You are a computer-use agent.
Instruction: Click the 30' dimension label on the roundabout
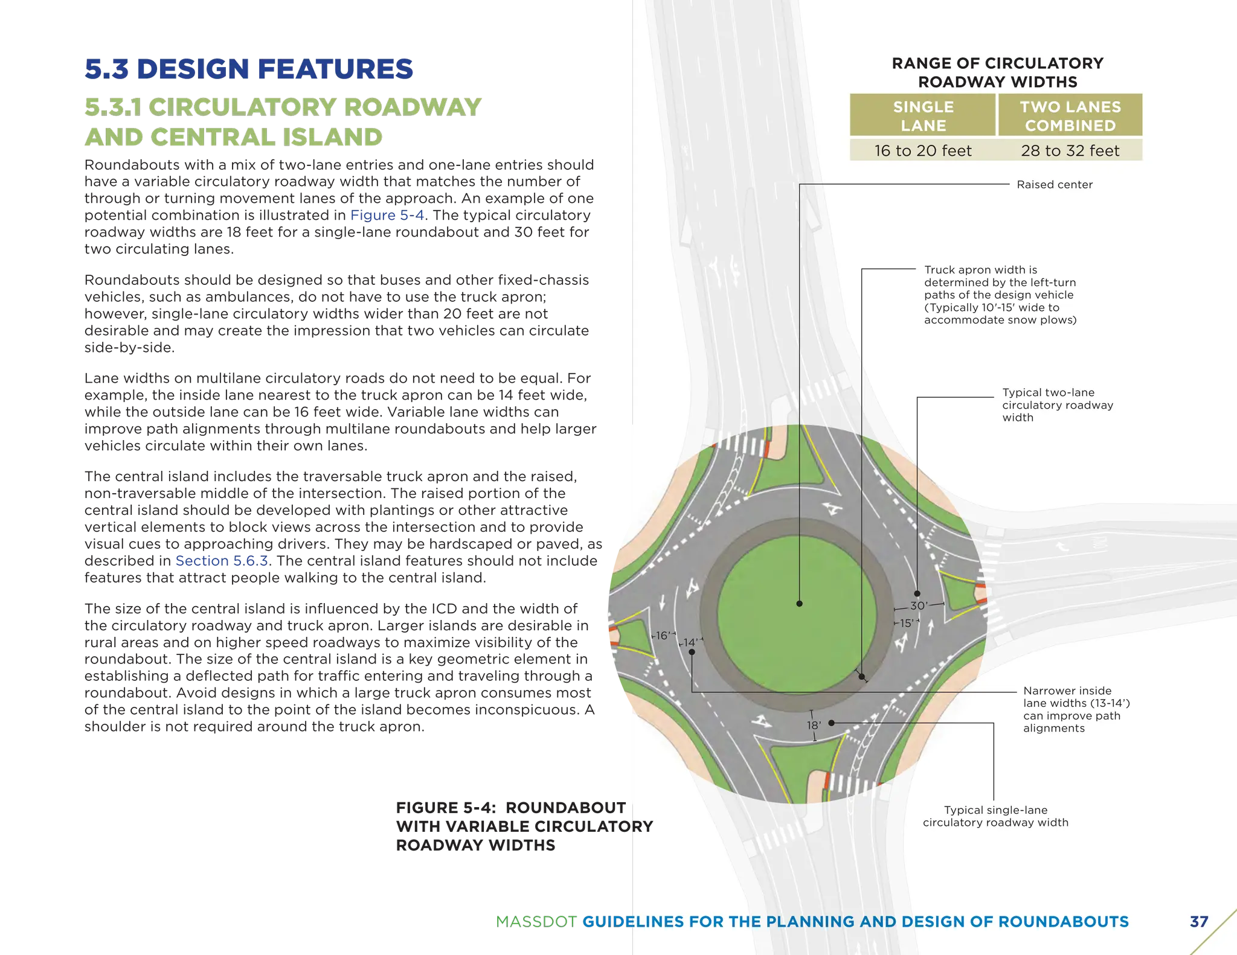(919, 605)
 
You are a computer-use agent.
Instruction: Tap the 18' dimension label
(814, 725)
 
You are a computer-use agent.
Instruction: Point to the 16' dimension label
(662, 636)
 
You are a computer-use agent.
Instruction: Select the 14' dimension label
(690, 642)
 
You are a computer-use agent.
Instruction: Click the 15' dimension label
(907, 623)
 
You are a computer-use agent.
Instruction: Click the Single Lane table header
(923, 116)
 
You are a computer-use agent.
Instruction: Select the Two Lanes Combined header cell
(1070, 116)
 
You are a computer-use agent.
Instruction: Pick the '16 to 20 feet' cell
(923, 150)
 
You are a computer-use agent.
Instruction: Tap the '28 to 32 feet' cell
(1070, 150)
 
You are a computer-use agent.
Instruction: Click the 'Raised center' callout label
(1054, 185)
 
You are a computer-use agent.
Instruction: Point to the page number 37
(1198, 922)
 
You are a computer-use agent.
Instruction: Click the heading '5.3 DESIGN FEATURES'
(249, 69)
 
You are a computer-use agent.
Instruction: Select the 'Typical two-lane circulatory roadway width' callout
(1057, 405)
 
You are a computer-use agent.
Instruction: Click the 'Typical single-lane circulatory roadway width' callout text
(995, 816)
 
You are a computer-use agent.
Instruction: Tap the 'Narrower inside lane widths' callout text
(1076, 709)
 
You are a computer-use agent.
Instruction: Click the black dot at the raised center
(799, 604)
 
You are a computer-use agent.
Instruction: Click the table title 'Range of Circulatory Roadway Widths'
(997, 72)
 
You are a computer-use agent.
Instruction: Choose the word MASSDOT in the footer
(536, 922)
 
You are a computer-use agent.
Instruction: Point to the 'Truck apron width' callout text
(1000, 295)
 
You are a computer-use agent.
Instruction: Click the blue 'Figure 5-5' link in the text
(388, 216)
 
